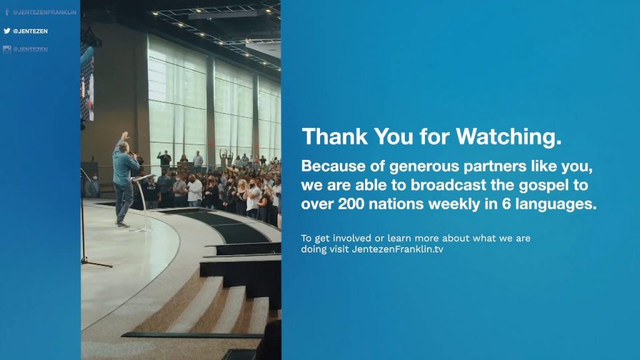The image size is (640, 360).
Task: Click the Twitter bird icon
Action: pos(7,31)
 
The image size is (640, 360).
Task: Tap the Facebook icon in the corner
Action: pos(7,12)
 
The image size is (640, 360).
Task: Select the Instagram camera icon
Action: pos(7,49)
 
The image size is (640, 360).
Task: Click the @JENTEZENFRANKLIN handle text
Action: pos(44,12)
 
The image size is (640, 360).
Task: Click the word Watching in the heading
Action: pos(508,136)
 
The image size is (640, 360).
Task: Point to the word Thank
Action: pos(334,136)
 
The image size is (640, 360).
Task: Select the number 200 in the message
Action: pos(351,203)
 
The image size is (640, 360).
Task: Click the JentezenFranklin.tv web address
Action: pos(397,249)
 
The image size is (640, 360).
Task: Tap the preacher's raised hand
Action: pos(125,136)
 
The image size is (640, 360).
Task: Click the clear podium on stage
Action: pos(144,202)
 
